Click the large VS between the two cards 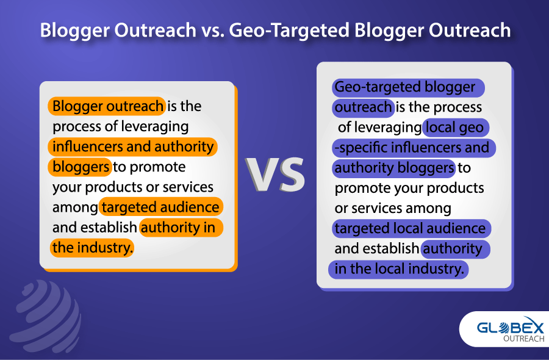pyautogui.click(x=275, y=174)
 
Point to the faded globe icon pyautogui.click(x=46, y=316)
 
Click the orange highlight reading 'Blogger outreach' pyautogui.click(x=107, y=106)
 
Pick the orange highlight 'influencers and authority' pyautogui.click(x=133, y=146)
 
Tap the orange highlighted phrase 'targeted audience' pyautogui.click(x=160, y=207)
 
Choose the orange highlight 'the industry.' pyautogui.click(x=91, y=248)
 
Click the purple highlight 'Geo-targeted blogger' pyautogui.click(x=408, y=87)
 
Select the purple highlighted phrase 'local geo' pyautogui.click(x=456, y=128)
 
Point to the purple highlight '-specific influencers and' pyautogui.click(x=414, y=148)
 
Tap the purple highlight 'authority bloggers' pyautogui.click(x=394, y=168)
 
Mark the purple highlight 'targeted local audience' pyautogui.click(x=411, y=229)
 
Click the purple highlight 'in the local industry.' pyautogui.click(x=398, y=269)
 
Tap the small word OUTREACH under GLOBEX pyautogui.click(x=524, y=338)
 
